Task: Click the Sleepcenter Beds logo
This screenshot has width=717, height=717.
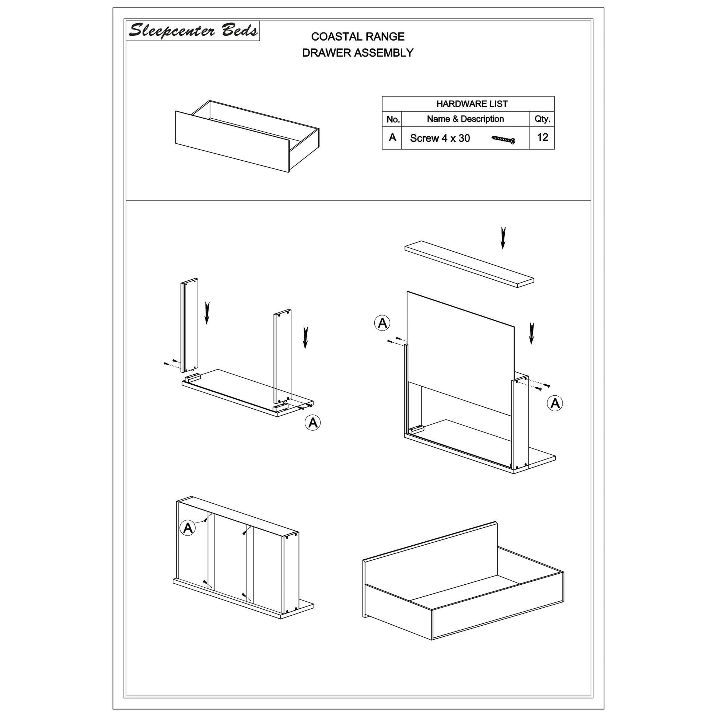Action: coord(193,31)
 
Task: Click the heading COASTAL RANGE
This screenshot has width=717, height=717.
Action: coord(358,36)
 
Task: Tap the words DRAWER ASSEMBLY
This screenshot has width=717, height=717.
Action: coord(358,53)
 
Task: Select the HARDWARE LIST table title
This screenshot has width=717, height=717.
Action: coord(472,104)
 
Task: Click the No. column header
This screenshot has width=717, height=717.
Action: coord(393,119)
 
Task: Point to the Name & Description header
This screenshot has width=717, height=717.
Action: coord(465,119)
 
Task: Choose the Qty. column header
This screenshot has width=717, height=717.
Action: coord(542,119)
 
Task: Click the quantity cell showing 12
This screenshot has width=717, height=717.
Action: coord(542,137)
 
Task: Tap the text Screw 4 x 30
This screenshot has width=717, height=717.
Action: coord(440,138)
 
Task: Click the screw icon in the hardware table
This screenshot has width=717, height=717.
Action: coord(503,139)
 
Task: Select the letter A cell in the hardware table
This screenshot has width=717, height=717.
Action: coord(392,137)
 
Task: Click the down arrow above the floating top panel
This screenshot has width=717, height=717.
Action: coord(503,238)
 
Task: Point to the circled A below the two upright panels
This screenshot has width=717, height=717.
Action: coord(312,422)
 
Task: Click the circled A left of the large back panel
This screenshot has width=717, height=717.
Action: coord(382,322)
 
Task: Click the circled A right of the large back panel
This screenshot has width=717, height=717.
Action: coord(555,403)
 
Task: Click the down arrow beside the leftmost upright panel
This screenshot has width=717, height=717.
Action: coord(207,313)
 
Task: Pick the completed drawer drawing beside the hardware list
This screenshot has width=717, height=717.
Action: coord(247,136)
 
